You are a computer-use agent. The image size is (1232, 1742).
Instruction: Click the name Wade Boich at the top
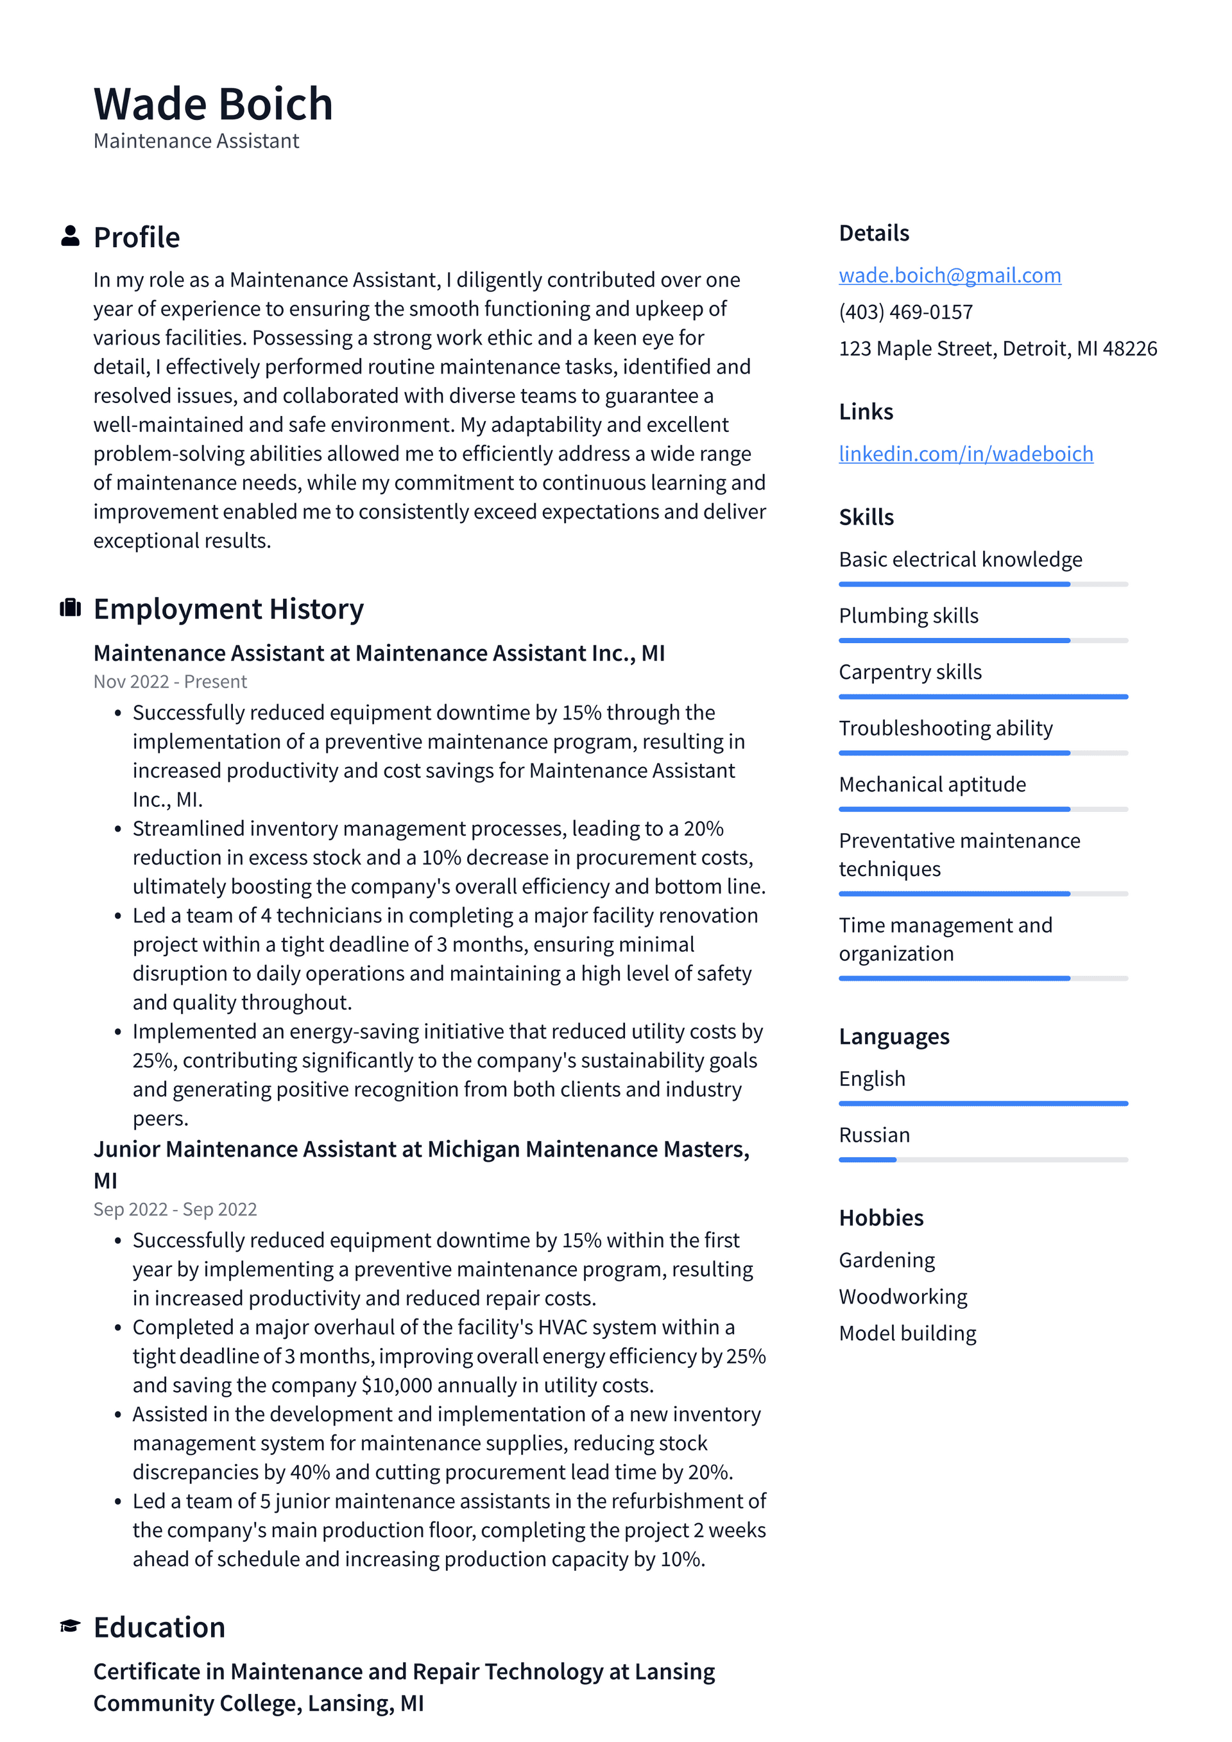(213, 104)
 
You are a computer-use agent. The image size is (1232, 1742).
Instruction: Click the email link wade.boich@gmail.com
(949, 275)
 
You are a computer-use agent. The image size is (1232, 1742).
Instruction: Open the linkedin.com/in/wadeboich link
(965, 454)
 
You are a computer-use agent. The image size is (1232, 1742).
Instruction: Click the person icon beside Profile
(71, 236)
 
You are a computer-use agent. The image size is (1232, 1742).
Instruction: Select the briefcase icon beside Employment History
(71, 608)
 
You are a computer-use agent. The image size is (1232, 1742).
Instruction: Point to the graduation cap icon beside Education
(71, 1626)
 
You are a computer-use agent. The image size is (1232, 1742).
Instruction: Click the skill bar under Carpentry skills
(982, 696)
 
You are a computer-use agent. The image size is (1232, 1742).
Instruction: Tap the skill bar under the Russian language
(982, 1159)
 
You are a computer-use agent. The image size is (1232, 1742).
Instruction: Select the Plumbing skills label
(908, 616)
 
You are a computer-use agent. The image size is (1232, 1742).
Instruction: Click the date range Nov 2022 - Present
(170, 681)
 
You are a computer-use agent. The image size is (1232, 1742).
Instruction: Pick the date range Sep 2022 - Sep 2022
(175, 1209)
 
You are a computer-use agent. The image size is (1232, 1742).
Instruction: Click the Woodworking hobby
(903, 1297)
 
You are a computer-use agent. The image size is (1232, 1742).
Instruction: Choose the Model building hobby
(907, 1333)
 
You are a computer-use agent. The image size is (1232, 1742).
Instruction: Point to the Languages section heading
(894, 1037)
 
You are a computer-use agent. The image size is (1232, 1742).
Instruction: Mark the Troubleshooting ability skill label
(945, 729)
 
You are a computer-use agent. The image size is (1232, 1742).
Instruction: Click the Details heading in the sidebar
(873, 233)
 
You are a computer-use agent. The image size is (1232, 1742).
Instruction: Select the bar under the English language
(982, 1103)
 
